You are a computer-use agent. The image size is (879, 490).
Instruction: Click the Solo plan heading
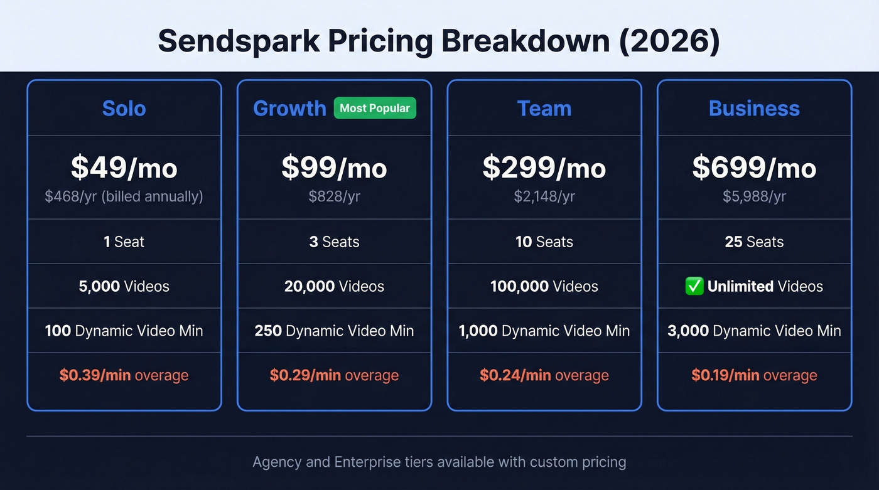click(124, 109)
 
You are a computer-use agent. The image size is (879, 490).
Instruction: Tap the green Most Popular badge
click(375, 108)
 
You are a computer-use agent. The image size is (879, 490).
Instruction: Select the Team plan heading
click(544, 109)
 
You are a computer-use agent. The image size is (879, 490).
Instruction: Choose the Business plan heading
click(754, 109)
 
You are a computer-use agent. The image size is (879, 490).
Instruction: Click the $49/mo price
click(124, 168)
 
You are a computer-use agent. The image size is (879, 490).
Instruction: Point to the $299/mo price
click(544, 168)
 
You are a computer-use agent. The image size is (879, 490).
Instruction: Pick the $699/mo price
click(754, 168)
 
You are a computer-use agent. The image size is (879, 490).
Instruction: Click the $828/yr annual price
click(334, 197)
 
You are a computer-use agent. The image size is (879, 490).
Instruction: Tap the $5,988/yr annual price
click(754, 197)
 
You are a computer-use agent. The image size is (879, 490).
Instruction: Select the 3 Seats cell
click(334, 242)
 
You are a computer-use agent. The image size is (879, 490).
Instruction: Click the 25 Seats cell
click(754, 242)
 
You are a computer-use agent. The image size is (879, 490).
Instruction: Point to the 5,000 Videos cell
click(124, 287)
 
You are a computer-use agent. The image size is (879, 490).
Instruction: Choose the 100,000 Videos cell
click(544, 287)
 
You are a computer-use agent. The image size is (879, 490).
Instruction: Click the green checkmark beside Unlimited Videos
click(694, 287)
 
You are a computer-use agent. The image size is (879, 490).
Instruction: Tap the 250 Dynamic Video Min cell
click(334, 331)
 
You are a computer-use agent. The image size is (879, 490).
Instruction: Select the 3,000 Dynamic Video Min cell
click(754, 331)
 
